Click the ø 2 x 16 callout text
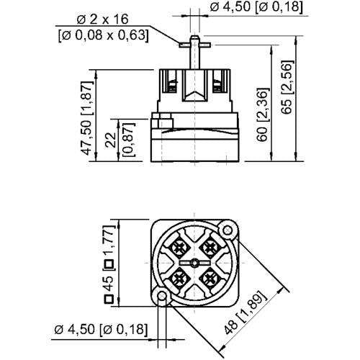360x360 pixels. (104, 20)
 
